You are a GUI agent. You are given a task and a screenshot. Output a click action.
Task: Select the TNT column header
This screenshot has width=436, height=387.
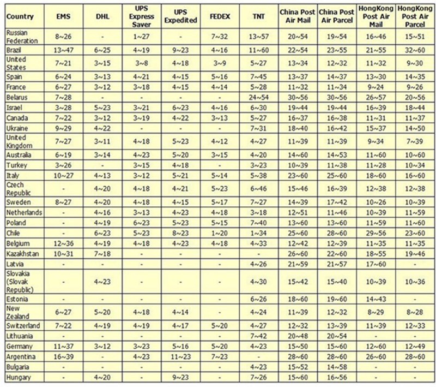tap(259, 16)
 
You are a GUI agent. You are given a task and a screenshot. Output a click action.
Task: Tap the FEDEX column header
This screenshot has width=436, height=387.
tap(219, 16)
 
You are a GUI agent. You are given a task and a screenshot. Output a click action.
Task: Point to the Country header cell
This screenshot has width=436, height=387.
tap(20, 16)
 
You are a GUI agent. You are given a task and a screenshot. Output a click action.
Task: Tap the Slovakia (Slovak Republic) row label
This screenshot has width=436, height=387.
tap(19, 281)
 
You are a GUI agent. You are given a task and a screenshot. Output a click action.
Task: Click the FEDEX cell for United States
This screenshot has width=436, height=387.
tap(219, 62)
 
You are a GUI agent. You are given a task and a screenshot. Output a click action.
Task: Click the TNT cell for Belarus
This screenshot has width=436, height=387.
tap(259, 96)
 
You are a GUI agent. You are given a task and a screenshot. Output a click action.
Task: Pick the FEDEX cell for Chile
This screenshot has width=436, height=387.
tap(219, 233)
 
